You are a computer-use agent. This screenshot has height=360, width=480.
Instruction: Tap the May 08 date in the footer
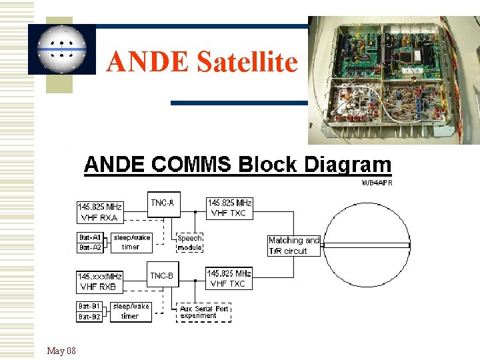click(61, 351)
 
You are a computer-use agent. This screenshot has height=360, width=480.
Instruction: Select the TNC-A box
click(163, 204)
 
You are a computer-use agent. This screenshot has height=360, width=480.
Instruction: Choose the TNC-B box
click(163, 275)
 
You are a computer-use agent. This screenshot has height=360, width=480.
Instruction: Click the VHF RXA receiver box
click(100, 212)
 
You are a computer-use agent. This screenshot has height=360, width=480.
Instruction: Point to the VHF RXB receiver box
click(100, 281)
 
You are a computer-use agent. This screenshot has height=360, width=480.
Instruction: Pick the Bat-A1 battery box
click(91, 237)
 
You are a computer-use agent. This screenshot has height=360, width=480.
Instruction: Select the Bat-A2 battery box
click(91, 247)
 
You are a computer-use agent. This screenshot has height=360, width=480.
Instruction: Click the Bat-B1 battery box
click(90, 307)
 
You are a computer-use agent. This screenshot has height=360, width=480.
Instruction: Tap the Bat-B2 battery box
click(90, 317)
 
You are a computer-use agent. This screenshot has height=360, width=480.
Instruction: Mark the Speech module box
click(190, 243)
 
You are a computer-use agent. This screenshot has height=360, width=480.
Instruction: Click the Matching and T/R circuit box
click(293, 245)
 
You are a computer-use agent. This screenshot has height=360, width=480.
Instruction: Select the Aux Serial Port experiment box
click(203, 312)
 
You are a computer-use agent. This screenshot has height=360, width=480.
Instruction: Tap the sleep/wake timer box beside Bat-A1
click(131, 242)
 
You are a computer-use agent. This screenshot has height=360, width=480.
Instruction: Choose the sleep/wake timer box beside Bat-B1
click(131, 311)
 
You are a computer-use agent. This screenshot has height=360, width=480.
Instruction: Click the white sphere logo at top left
click(62, 50)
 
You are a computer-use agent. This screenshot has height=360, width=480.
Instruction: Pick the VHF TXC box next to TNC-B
click(229, 278)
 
